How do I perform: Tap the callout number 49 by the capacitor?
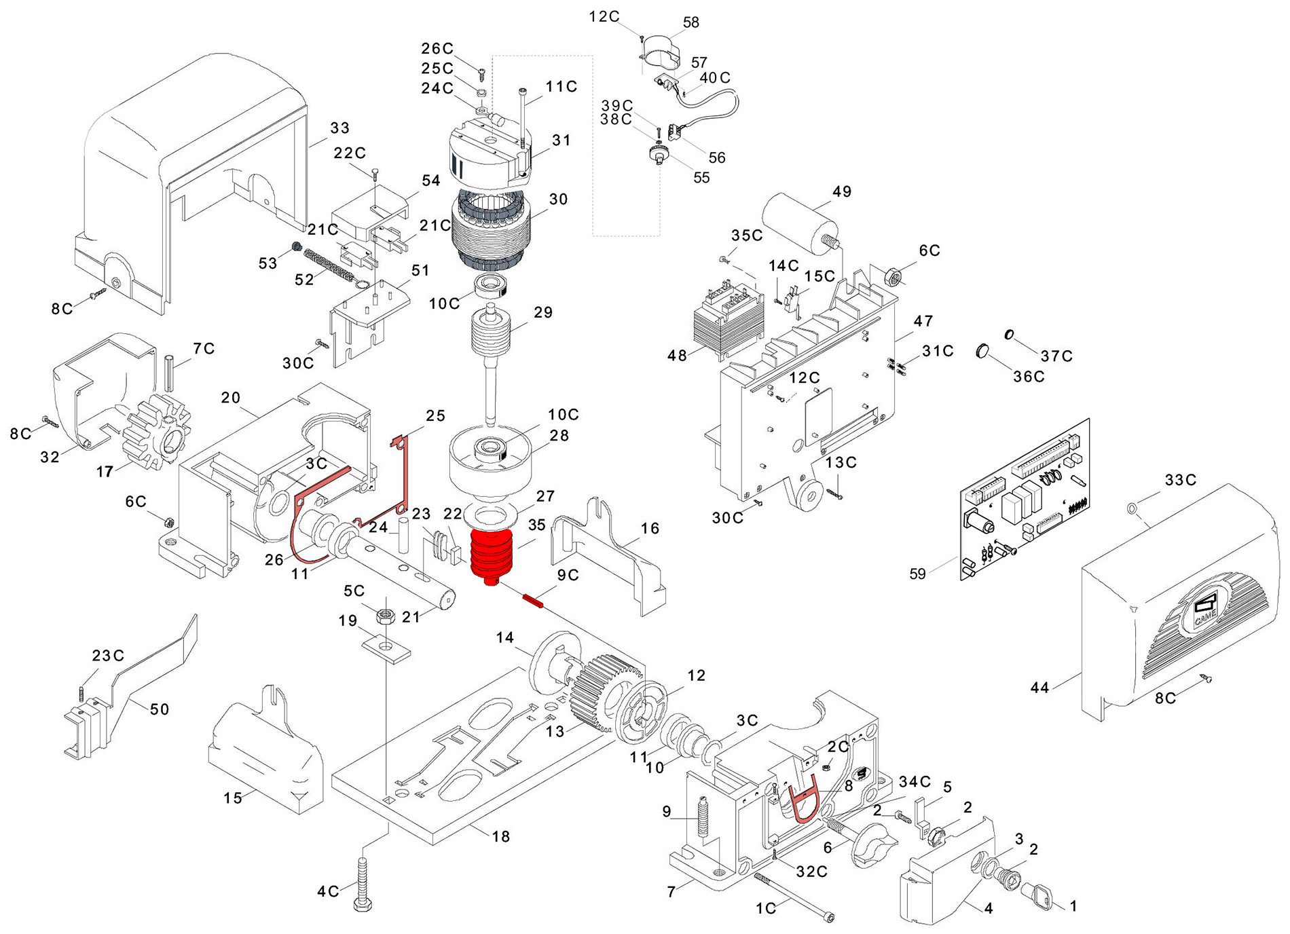[x=841, y=192]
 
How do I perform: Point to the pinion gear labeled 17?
[x=155, y=433]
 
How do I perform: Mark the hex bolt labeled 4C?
[x=360, y=883]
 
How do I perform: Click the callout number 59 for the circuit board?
[x=917, y=574]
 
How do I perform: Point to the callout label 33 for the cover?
[x=339, y=128]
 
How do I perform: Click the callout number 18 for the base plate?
[x=501, y=837]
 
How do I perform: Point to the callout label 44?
[x=1039, y=688]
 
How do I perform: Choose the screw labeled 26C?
[x=481, y=71]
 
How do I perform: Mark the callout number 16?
[x=650, y=529]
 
